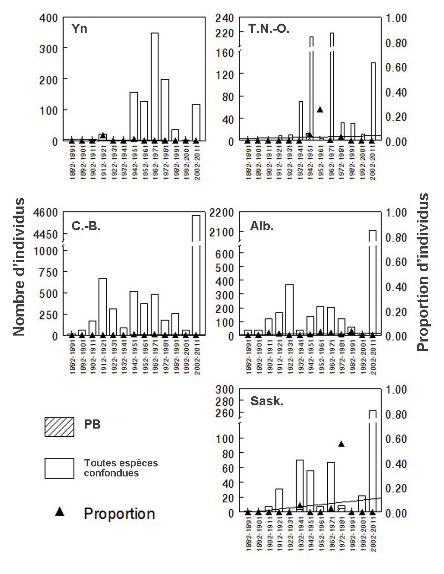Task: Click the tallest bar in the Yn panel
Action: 154,87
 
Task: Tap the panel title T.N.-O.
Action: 269,29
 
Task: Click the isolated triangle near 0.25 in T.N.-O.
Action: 320,109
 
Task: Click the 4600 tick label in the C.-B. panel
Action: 46,212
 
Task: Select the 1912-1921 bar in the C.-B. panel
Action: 103,306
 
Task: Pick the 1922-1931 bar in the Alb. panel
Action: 289,310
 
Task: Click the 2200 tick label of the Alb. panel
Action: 222,212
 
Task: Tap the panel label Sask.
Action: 267,401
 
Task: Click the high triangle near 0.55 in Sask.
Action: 341,444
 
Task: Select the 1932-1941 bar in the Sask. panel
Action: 299,486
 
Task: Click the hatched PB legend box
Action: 59,427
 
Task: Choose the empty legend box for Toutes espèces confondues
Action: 59,468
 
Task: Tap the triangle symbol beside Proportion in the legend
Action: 59,512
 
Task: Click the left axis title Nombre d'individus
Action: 19,267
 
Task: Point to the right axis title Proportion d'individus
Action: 423,272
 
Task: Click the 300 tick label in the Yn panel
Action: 48,48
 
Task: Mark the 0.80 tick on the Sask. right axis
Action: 396,414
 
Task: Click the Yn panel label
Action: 79,29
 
